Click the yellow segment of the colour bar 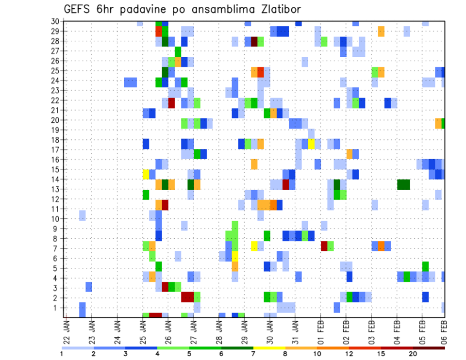(269, 347)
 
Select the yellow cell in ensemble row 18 (311, 144)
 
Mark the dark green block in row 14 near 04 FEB (403, 184)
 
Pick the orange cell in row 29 (381, 32)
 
